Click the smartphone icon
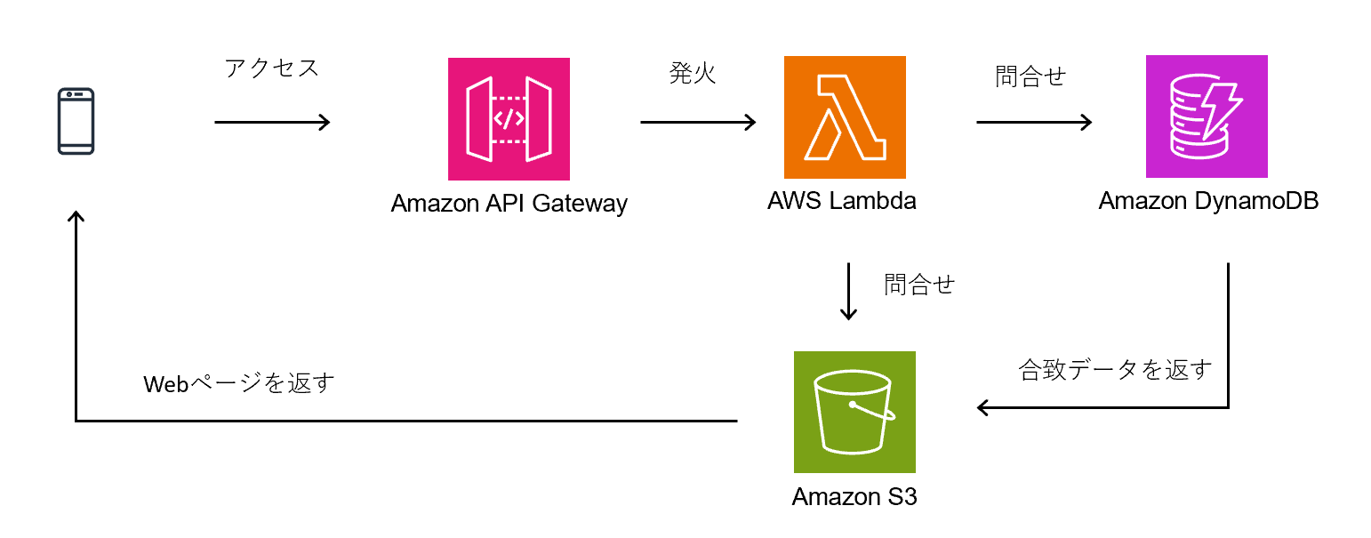click(76, 121)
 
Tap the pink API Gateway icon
click(509, 119)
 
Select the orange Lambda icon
click(845, 116)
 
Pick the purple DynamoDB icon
click(1207, 116)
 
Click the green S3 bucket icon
click(854, 412)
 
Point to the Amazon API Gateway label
click(509, 204)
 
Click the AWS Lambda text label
click(841, 201)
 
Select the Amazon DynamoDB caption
click(1207, 201)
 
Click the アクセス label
click(272, 68)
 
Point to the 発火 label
click(693, 74)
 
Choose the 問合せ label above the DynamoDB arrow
click(1030, 76)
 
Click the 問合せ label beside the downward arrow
click(919, 285)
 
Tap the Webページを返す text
click(239, 384)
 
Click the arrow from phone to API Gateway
click(272, 122)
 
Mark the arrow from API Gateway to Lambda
click(697, 122)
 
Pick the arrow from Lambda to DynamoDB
click(1033, 122)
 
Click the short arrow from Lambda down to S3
click(849, 291)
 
